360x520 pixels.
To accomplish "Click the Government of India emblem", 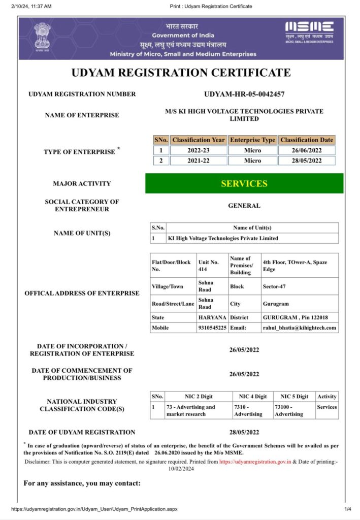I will pos(43,37).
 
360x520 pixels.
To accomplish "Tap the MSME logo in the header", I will pos(309,32).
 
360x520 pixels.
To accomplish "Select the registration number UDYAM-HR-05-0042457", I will pos(244,94).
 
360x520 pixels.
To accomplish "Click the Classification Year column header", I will pos(198,140).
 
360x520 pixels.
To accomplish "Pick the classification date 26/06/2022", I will pos(307,150).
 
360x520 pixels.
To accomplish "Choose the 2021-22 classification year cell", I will pos(198,161).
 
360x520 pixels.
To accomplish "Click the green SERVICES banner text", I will pos(244,183).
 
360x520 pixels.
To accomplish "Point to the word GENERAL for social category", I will pos(244,206).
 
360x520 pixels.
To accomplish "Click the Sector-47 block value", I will pos(274,286).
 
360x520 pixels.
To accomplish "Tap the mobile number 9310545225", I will pos(212,328).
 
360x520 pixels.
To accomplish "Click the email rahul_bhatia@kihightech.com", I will pos(299,328).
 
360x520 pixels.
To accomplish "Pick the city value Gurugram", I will pos(275,304).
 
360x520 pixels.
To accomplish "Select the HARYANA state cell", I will pos(212,317).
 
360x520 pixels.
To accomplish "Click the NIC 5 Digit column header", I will pos(294,397).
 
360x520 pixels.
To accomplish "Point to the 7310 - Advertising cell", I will pos(248,410).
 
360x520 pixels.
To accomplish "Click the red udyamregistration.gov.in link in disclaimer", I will pos(255,462).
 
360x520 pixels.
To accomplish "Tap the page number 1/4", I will pos(348,509).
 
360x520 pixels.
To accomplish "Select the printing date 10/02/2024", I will pos(181,469).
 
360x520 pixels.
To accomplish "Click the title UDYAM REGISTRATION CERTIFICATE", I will pos(181,72).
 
